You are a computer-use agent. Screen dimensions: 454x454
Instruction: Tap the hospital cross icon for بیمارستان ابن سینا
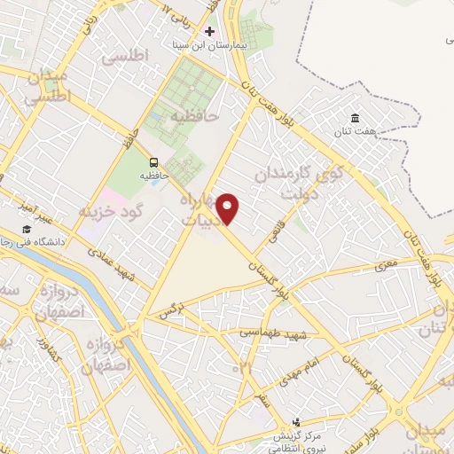pos(209,30)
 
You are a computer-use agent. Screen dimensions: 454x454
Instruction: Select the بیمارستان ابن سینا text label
pos(206,43)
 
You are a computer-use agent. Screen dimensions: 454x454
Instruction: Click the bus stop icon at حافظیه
pos(153,162)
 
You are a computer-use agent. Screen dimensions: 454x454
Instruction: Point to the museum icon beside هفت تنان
pos(355,119)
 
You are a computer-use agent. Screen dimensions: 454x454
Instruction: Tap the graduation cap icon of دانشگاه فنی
pos(27,231)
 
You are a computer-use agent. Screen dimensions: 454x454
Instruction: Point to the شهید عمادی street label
pos(111,264)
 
